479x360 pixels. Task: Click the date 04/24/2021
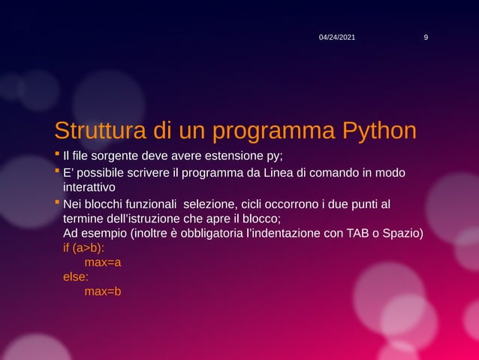(x=337, y=37)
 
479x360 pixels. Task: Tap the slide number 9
(x=426, y=37)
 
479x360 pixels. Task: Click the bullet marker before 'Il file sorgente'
(x=58, y=156)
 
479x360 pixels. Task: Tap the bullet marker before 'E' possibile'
(x=58, y=173)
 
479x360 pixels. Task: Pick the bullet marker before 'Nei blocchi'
(x=58, y=204)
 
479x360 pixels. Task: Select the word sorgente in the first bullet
(x=117, y=156)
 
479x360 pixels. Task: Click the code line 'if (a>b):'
(x=84, y=248)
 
